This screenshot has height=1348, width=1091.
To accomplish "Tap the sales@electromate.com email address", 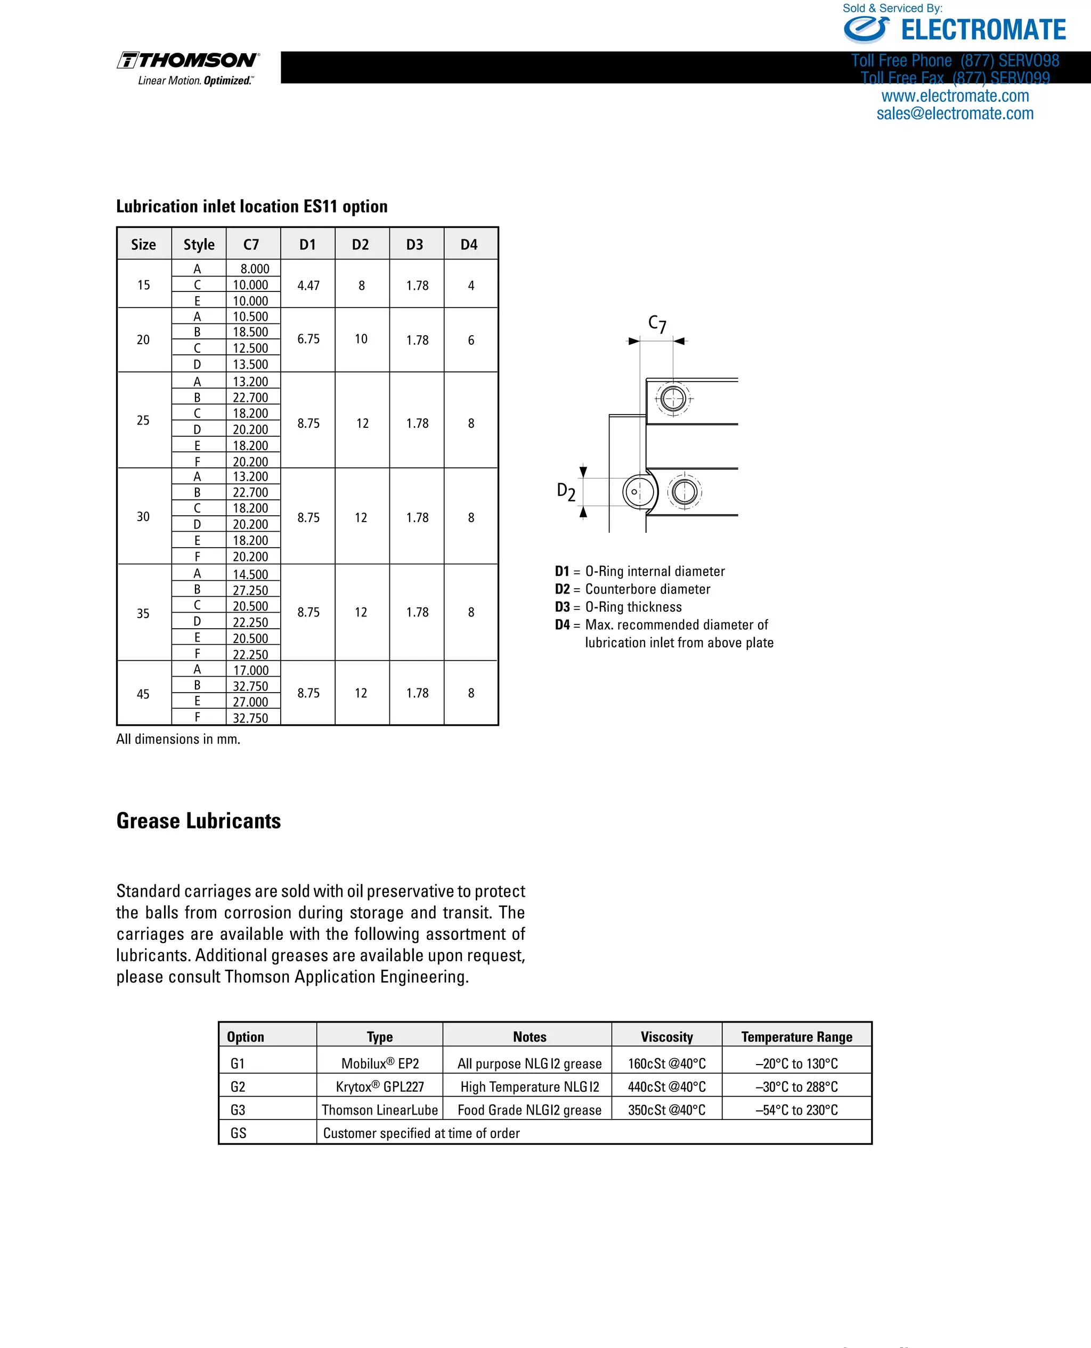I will point(955,113).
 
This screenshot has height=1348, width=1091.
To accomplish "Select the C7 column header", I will point(251,245).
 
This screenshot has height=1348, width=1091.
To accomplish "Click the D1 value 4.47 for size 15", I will point(308,285).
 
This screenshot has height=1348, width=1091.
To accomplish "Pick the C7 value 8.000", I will point(255,269).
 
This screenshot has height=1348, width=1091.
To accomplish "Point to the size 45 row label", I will point(143,694).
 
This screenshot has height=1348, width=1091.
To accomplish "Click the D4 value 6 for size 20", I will point(471,340).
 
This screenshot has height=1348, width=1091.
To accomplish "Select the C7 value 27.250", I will point(250,590).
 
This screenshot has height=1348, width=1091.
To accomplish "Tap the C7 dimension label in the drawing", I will point(657,323).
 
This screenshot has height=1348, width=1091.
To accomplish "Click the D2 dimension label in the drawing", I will point(566,491).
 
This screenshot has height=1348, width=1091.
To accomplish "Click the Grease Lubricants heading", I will point(199,821).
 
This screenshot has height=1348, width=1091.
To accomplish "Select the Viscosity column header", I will point(666,1037).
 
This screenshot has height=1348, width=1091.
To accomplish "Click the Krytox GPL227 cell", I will point(380,1086).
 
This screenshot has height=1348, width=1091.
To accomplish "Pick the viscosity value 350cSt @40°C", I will point(666,1110).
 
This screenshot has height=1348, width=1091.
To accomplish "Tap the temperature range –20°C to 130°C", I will point(796,1063).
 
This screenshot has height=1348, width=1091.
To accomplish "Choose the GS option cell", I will point(238,1133).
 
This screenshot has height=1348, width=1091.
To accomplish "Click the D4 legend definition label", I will point(562,624).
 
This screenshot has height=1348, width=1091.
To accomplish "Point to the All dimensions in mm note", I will point(178,739).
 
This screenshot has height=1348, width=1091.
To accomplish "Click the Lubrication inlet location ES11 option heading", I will point(251,206).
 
